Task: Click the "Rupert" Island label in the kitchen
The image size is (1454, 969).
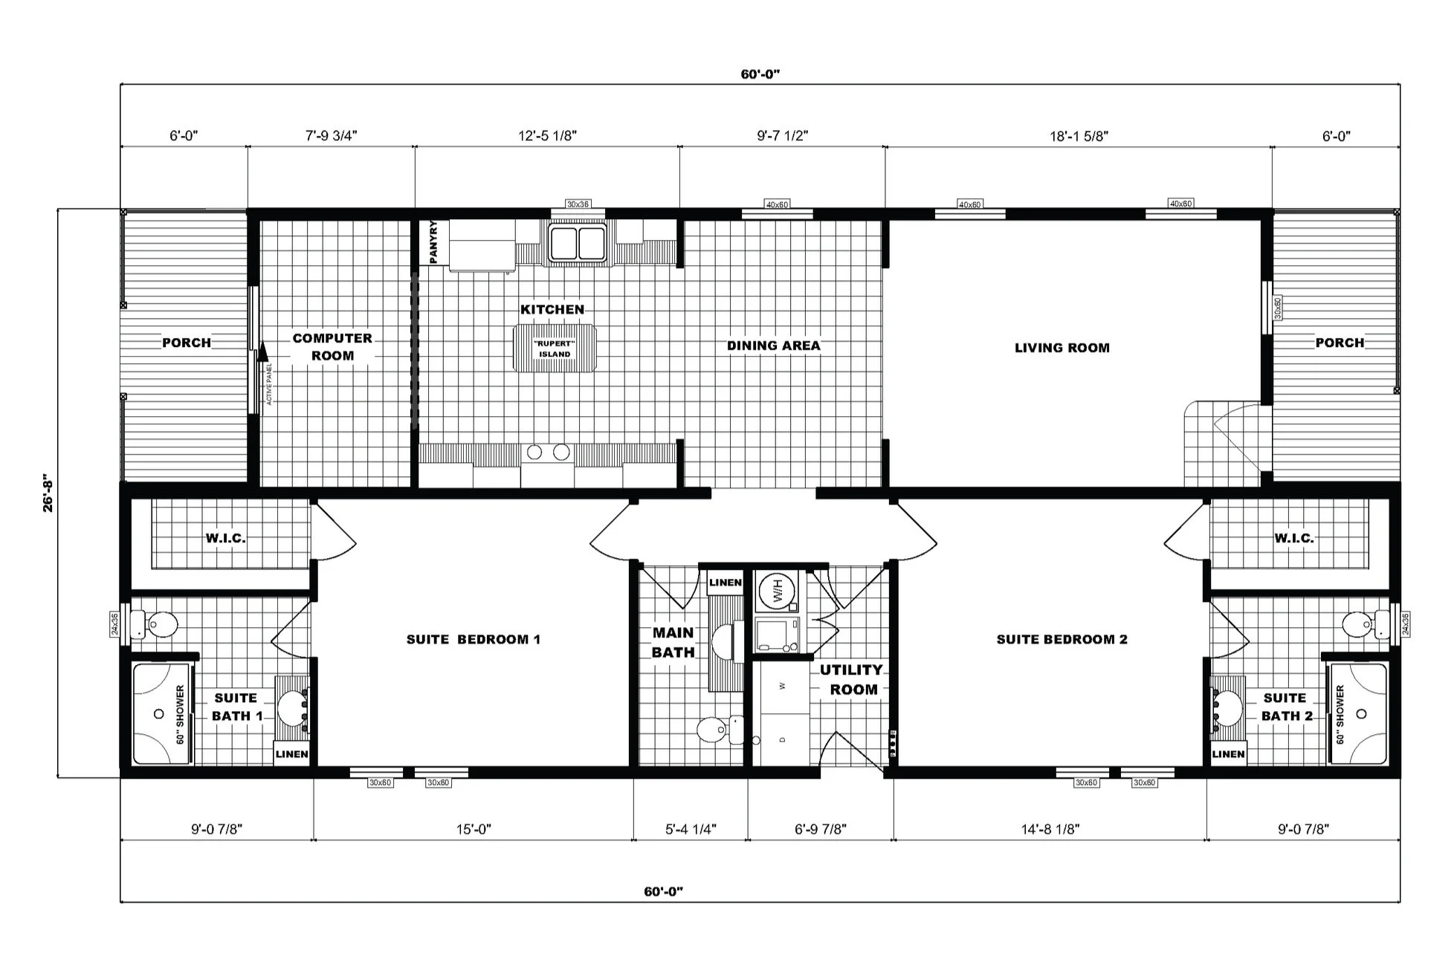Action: (555, 349)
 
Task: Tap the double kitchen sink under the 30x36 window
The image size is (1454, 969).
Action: (578, 243)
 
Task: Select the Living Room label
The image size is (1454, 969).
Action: (1062, 348)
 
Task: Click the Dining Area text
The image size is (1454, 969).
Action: (773, 346)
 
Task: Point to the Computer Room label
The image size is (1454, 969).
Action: (332, 347)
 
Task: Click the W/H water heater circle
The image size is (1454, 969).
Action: (776, 592)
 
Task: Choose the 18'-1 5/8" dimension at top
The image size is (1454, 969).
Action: (1079, 136)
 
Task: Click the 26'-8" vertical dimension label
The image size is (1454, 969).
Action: (48, 493)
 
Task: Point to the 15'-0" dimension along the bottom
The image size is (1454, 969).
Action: (474, 829)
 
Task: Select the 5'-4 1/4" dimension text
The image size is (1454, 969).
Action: (691, 829)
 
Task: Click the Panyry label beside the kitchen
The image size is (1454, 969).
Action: (434, 242)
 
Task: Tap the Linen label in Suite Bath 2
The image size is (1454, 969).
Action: (1228, 754)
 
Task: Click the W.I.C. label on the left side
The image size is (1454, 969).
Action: (225, 538)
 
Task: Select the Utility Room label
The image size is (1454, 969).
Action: (852, 679)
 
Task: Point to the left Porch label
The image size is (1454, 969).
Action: (187, 343)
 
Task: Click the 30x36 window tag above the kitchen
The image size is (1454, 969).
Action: (578, 204)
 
